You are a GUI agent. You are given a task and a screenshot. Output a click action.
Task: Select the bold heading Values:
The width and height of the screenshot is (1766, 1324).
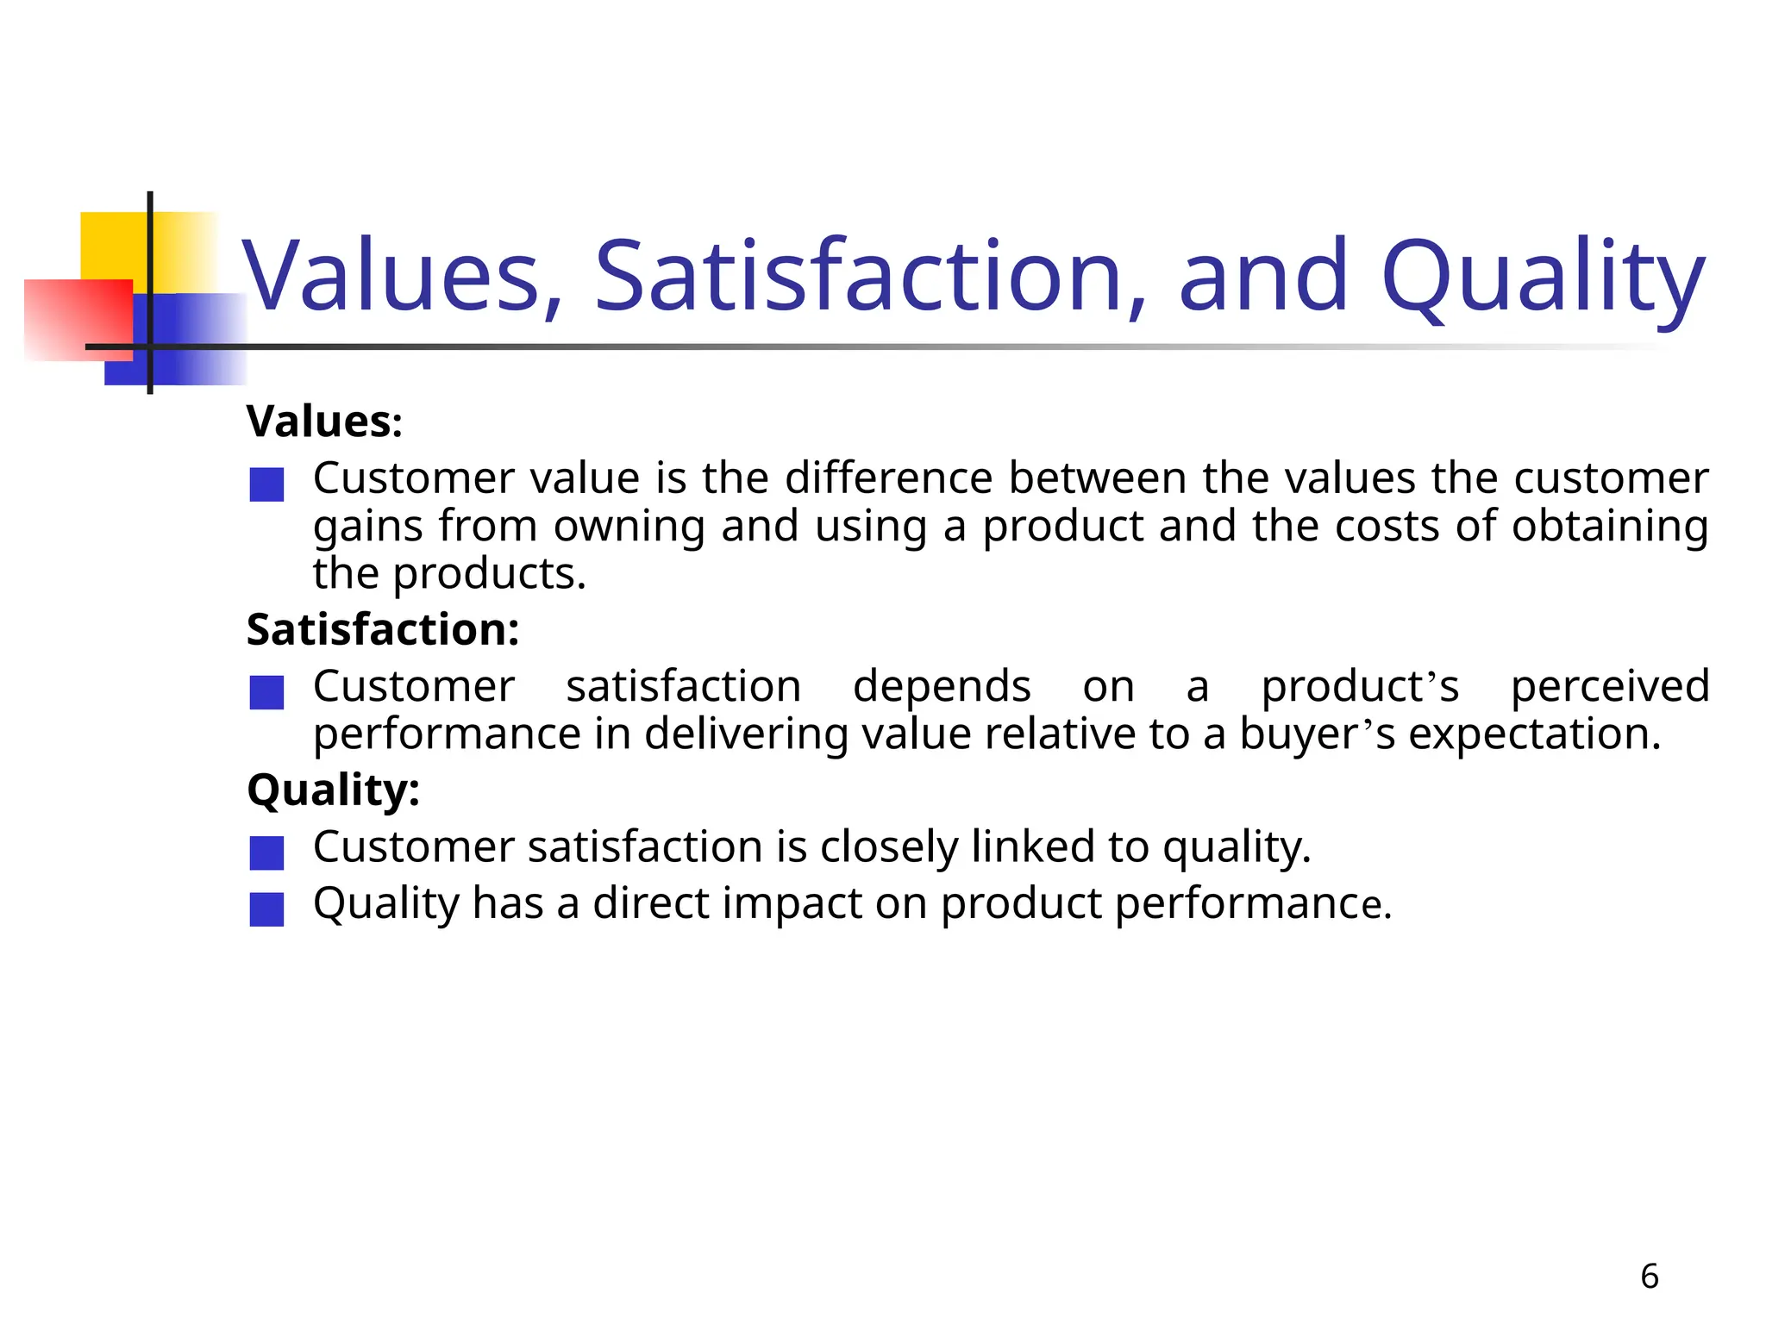[324, 422]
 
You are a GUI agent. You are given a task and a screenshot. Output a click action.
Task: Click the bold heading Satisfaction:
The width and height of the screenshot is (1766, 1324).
[383, 629]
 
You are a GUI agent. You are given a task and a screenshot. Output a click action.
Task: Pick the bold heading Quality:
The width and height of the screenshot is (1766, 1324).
[333, 790]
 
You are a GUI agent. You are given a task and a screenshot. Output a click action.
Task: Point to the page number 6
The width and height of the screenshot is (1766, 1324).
[1649, 1277]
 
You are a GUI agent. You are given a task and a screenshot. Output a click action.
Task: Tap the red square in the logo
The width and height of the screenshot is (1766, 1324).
[78, 319]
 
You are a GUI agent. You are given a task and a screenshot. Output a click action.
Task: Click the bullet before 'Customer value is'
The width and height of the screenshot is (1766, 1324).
[266, 484]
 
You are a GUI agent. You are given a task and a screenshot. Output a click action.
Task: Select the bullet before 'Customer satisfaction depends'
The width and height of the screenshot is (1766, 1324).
[266, 692]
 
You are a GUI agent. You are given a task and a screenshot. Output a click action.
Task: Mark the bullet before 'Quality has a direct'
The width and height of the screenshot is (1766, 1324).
[266, 909]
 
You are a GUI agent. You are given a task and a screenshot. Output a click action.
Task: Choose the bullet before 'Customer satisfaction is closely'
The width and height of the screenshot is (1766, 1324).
[266, 852]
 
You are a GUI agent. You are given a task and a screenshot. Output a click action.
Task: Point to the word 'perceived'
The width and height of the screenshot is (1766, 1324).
[1610, 687]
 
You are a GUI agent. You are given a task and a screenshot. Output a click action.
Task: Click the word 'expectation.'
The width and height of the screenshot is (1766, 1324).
[1534, 735]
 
